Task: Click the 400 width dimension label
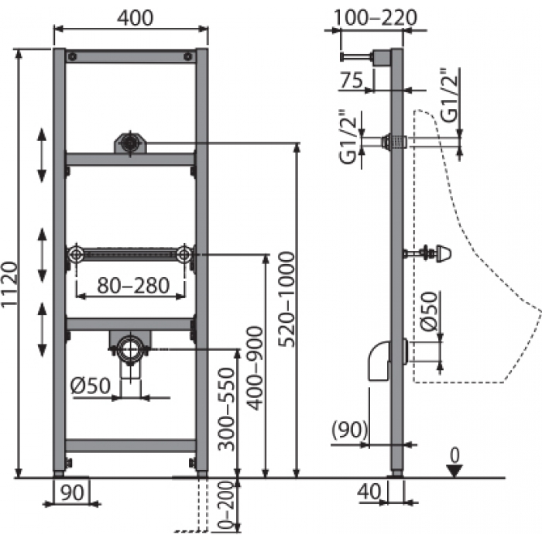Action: pyautogui.click(x=135, y=18)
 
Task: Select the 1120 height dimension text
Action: pyautogui.click(x=9, y=284)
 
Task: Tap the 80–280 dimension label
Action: pyautogui.click(x=133, y=286)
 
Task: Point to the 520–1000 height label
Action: pyautogui.click(x=287, y=300)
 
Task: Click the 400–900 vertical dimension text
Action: pyautogui.click(x=256, y=369)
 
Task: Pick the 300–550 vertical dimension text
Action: pyautogui.click(x=226, y=410)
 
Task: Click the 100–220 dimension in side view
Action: pyautogui.click(x=376, y=18)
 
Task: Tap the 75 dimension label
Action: pyautogui.click(x=352, y=81)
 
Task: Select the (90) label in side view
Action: pyautogui.click(x=349, y=430)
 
